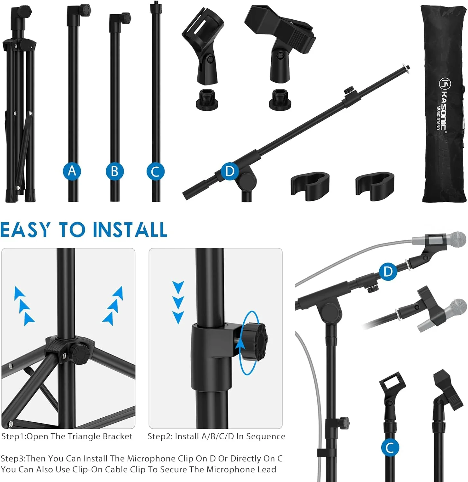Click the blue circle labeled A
pyautogui.click(x=72, y=171)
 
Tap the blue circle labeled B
pyautogui.click(x=114, y=171)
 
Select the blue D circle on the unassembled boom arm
pyautogui.click(x=230, y=171)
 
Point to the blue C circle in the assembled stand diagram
pyautogui.click(x=390, y=448)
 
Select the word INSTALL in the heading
pyautogui.click(x=130, y=230)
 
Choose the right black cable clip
pyautogui.click(x=375, y=186)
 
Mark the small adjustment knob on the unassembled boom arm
pyautogui.click(x=348, y=90)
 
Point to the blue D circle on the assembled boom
pyautogui.click(x=388, y=272)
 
